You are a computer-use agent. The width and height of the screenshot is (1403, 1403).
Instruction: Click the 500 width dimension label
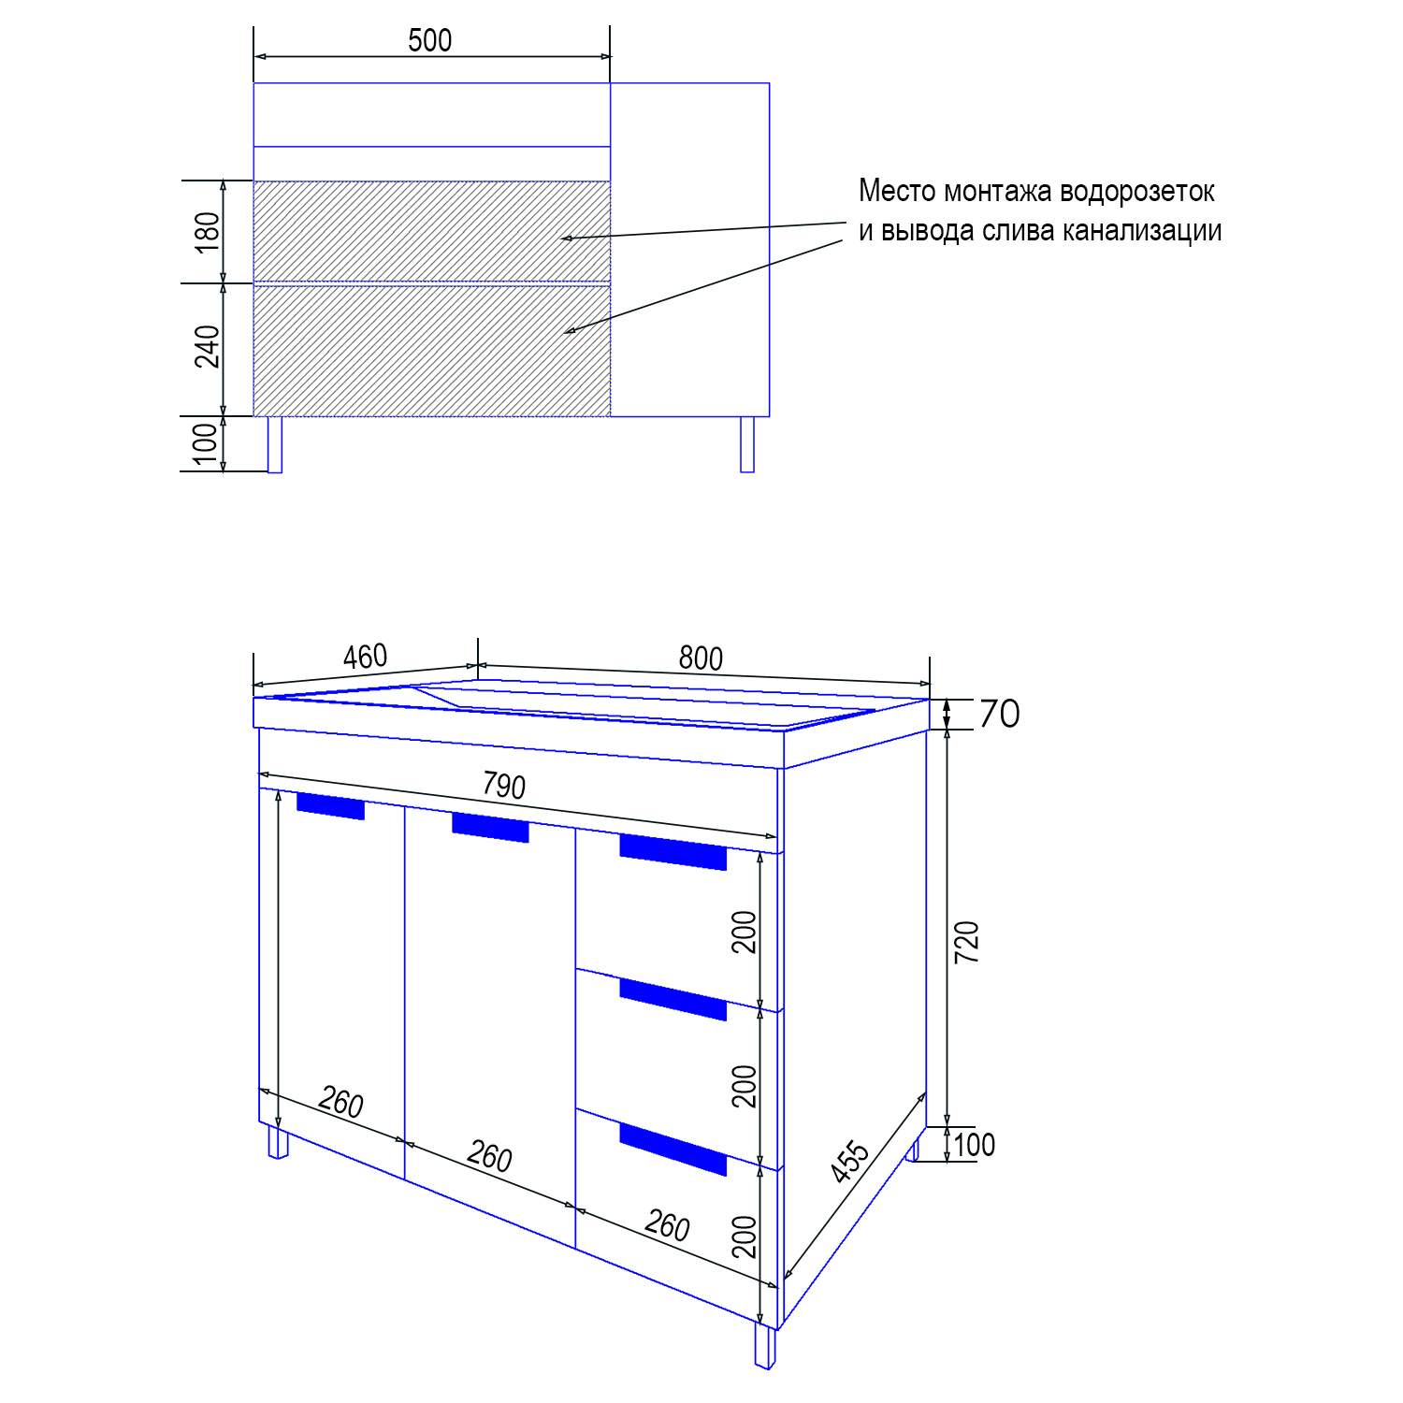click(x=429, y=40)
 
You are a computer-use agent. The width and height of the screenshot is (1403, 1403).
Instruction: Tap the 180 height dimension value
click(x=208, y=231)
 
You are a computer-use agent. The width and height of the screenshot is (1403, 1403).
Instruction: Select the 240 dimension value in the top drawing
click(x=208, y=346)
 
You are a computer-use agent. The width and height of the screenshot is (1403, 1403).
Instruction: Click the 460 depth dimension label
click(x=365, y=657)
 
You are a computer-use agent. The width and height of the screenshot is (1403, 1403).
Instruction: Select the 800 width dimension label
click(x=701, y=658)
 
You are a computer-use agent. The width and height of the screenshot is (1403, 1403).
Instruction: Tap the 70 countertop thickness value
click(x=999, y=715)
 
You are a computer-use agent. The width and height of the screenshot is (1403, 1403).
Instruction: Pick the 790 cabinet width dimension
click(x=504, y=786)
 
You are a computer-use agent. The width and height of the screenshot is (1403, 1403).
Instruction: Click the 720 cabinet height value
click(x=967, y=942)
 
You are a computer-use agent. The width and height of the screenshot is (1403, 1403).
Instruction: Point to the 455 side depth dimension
click(x=850, y=1161)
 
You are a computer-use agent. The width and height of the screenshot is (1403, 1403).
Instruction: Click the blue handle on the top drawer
click(x=673, y=852)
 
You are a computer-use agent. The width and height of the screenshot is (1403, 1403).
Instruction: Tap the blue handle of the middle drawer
click(x=673, y=999)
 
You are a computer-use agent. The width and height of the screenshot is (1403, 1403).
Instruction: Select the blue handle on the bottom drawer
click(x=673, y=1149)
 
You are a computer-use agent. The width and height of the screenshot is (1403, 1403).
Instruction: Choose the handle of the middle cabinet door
click(x=490, y=827)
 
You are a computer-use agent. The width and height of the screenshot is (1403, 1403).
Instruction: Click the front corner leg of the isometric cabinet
click(x=765, y=1346)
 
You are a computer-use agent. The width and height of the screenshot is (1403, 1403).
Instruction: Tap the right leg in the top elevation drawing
click(x=747, y=444)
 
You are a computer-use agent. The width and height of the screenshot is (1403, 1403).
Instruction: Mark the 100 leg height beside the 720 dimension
click(x=974, y=1145)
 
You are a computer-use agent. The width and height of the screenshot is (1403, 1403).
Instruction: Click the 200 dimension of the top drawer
click(x=745, y=932)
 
